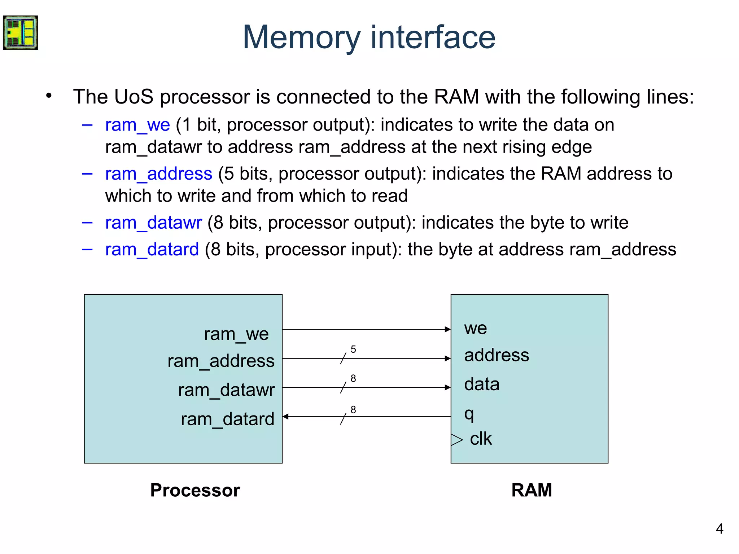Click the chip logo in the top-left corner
click(x=20, y=33)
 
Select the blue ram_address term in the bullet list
click(x=159, y=175)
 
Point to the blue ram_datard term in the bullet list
click(x=152, y=250)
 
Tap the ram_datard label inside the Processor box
click(x=228, y=419)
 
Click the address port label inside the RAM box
click(x=497, y=355)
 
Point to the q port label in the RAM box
click(x=469, y=415)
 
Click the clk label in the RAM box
click(x=481, y=439)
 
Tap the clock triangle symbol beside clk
click(x=457, y=440)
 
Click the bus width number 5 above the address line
click(x=353, y=349)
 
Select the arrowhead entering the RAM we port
click(x=448, y=329)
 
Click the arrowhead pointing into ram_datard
click(x=285, y=417)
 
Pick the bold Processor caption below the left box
click(x=195, y=491)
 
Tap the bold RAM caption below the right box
click(x=532, y=491)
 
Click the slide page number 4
click(x=720, y=529)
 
